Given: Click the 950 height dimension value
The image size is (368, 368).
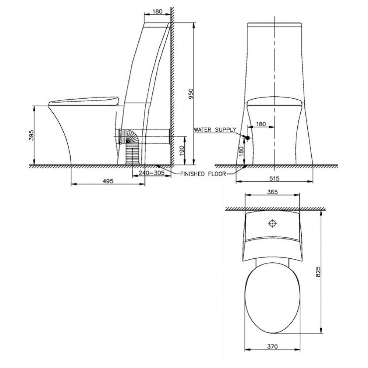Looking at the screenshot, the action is tap(191, 93).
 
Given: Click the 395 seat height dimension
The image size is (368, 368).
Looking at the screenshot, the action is tap(31, 135).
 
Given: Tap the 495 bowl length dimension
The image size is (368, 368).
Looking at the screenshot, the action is tap(108, 181).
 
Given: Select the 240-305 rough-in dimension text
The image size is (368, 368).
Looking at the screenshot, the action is tap(151, 173).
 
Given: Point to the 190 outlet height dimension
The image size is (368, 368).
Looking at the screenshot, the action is tap(182, 151).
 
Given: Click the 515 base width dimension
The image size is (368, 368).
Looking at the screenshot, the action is tap(274, 178).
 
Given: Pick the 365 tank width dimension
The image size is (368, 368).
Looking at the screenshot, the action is tap(272, 192).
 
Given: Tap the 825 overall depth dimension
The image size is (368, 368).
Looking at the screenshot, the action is tap(318, 272).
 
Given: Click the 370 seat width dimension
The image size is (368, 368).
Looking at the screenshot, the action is tap(272, 346).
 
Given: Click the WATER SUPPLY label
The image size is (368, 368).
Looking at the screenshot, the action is tap(215, 130).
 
